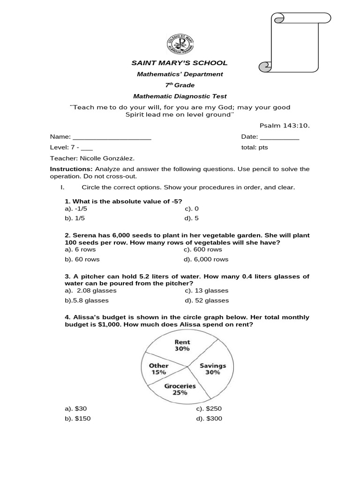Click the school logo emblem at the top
click(x=180, y=45)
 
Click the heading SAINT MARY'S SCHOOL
click(x=179, y=63)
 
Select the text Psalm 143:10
click(x=285, y=126)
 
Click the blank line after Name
click(x=112, y=137)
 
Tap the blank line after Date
click(x=279, y=137)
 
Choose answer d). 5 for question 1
click(x=192, y=218)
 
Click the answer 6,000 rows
click(x=206, y=259)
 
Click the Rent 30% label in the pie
click(x=182, y=345)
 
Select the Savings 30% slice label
click(x=213, y=368)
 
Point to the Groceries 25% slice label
click(x=180, y=389)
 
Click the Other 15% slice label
click(x=158, y=368)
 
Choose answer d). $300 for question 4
click(x=209, y=419)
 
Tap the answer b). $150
click(x=78, y=419)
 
